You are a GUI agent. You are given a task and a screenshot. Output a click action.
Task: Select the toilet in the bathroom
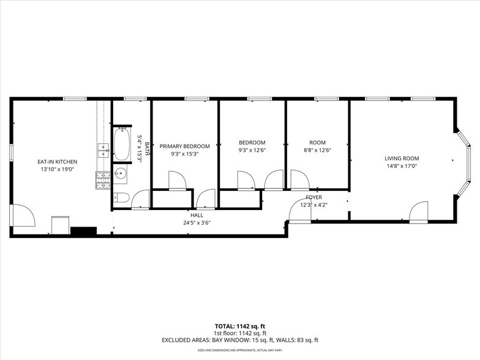[121, 198]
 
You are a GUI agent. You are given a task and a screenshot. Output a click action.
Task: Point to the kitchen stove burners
[102, 179]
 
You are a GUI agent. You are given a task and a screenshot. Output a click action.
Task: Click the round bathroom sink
[121, 174]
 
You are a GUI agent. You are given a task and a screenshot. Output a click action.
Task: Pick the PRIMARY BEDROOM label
[184, 146]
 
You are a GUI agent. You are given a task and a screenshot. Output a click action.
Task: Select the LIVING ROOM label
[402, 158]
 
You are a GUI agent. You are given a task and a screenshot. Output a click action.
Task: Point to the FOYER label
[313, 197]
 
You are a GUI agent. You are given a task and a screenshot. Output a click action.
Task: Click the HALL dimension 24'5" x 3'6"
[197, 223]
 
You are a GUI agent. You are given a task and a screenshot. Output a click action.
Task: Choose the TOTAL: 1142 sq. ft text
[239, 326]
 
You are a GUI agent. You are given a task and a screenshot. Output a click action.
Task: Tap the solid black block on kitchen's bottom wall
[83, 231]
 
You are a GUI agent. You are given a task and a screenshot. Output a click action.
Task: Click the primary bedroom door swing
[177, 181]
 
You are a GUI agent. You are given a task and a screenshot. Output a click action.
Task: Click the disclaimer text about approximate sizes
[239, 350]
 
